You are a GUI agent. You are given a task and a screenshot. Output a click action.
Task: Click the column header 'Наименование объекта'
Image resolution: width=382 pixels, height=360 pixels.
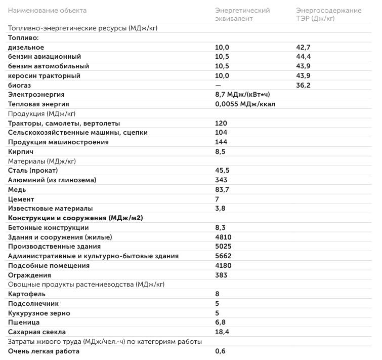point(47,10)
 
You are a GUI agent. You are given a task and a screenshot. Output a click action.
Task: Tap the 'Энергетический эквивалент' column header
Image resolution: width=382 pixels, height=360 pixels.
point(242,14)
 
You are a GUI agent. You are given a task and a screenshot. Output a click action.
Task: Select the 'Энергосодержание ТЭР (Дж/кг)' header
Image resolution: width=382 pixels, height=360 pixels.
point(328,14)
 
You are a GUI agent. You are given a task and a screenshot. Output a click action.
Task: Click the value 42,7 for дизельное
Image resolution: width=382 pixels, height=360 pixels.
point(303,47)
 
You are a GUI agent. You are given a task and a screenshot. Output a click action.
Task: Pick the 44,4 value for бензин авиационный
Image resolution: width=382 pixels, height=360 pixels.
point(303,57)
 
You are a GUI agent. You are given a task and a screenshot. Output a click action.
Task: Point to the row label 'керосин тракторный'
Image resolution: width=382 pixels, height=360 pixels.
point(44,75)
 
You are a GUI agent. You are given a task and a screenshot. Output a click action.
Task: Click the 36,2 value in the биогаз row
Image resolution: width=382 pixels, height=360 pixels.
point(303,85)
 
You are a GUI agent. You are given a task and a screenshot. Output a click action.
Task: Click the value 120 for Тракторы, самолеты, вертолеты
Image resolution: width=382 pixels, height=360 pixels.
point(221,123)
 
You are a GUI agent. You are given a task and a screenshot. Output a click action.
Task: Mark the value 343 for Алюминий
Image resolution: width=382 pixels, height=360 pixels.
point(221,180)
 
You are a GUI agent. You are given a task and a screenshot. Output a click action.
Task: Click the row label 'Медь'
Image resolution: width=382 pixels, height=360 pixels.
point(17,189)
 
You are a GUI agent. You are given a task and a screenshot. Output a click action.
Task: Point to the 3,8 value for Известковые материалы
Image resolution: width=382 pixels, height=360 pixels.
point(220,208)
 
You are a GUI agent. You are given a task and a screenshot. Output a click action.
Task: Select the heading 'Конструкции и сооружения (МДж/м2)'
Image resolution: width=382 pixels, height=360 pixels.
point(75,218)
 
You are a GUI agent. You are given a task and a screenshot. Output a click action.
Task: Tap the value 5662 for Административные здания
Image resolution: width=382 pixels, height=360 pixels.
point(223,256)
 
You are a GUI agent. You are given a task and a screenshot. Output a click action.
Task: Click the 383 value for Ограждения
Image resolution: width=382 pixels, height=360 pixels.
point(221,275)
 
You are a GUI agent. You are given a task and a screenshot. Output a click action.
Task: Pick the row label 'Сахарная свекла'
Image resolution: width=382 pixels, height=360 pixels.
point(37,332)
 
